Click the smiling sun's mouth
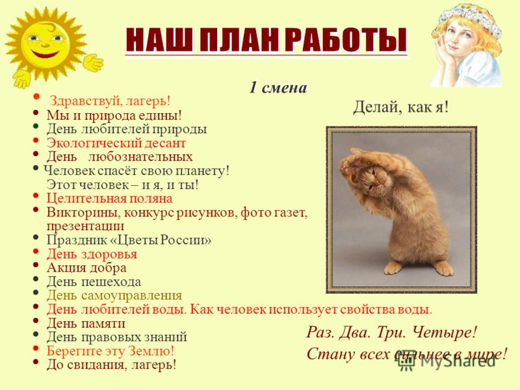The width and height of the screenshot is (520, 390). pyautogui.click(x=45, y=53)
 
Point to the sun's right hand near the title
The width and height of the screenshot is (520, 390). pyautogui.click(x=93, y=62)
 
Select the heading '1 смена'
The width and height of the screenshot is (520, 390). pyautogui.click(x=278, y=88)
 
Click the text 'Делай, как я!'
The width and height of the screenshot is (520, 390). pyautogui.click(x=400, y=107)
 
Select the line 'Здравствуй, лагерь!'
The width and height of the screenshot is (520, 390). pyautogui.click(x=110, y=101)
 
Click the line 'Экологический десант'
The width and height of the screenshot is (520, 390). pyautogui.click(x=116, y=143)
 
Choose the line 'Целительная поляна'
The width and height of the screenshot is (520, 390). pyautogui.click(x=109, y=198)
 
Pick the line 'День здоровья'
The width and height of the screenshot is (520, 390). pyautogui.click(x=92, y=254)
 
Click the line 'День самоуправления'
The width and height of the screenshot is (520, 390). pyautogui.click(x=114, y=295)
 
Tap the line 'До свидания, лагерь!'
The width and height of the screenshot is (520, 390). pyautogui.click(x=111, y=365)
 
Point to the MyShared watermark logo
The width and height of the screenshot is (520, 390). pyautogui.click(x=447, y=361)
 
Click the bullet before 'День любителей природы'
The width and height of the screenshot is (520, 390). pyautogui.click(x=36, y=126)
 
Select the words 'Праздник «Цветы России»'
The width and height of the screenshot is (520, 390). pyautogui.click(x=129, y=240)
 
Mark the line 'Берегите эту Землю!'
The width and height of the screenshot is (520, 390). pyautogui.click(x=110, y=351)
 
